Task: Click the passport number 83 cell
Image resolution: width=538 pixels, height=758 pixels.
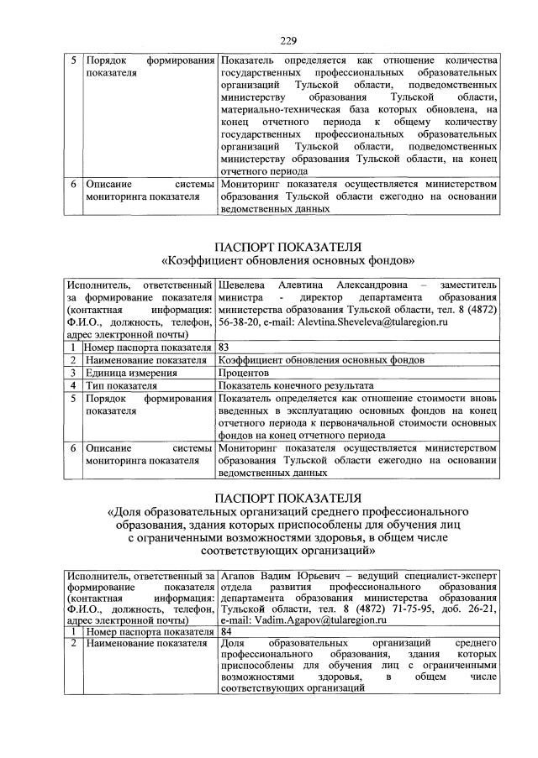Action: (224, 346)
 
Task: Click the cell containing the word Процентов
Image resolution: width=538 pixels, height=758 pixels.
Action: (245, 372)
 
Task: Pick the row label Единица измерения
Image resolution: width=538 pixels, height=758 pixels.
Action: (130, 372)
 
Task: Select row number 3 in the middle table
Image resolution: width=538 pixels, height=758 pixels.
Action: (74, 372)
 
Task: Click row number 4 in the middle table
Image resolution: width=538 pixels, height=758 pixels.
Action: (74, 384)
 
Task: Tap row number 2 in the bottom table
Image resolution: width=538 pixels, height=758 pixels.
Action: (74, 643)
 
